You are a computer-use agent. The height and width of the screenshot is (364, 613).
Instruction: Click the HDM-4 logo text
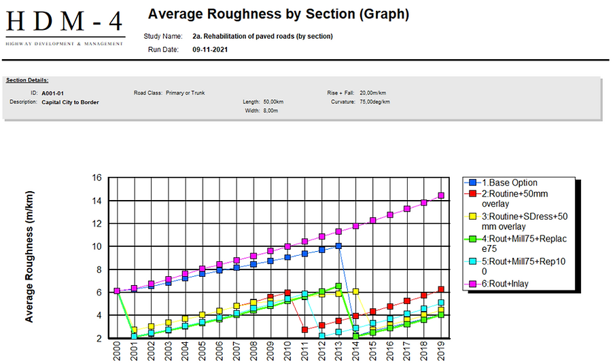(65, 23)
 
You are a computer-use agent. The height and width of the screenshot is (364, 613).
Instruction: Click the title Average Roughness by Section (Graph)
(278, 14)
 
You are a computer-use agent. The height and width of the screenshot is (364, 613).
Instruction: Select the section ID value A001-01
(52, 93)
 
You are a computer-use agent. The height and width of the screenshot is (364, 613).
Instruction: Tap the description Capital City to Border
(70, 102)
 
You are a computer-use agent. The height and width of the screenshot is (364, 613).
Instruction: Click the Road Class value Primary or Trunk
(185, 93)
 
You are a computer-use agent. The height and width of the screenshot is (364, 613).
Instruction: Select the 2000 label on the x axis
(117, 352)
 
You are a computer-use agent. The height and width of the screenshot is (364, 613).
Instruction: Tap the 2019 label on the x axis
(441, 352)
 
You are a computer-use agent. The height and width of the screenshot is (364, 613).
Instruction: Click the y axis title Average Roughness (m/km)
(29, 257)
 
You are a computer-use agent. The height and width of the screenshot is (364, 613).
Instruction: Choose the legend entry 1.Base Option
(510, 183)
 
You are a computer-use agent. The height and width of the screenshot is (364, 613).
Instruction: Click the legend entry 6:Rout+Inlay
(506, 284)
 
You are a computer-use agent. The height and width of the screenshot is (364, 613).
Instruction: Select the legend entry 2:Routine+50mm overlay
(514, 198)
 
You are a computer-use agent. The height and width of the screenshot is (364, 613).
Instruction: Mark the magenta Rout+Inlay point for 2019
(441, 195)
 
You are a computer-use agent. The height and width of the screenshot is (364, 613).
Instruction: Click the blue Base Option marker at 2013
(338, 246)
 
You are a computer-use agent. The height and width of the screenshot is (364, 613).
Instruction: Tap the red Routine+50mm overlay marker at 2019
(441, 289)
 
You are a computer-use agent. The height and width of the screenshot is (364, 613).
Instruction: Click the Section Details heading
(27, 80)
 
